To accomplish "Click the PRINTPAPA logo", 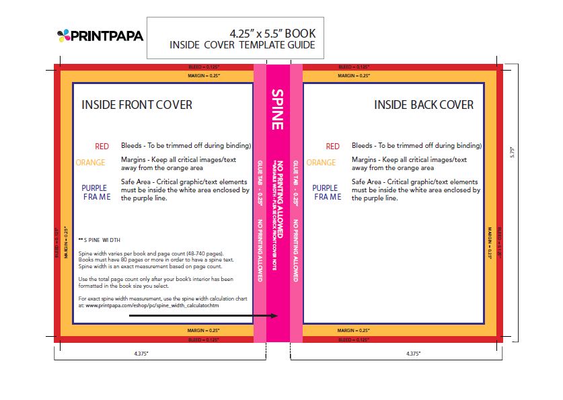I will click(100, 36).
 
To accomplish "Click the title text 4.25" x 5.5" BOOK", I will click(272, 33).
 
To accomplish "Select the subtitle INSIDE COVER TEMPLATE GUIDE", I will click(242, 46).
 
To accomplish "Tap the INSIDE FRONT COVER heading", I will click(137, 105).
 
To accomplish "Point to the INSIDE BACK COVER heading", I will click(424, 105).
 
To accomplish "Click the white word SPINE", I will click(276, 109).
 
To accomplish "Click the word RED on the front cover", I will click(102, 146).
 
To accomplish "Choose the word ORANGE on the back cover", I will click(321, 163).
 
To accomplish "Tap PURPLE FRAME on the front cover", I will click(94, 192).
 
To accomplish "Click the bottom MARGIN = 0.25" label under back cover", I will click(353, 331).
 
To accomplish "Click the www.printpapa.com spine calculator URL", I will click(152, 306).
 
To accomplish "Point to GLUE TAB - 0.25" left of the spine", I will click(259, 182).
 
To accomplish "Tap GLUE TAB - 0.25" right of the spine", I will click(296, 182).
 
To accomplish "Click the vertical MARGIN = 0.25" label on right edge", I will click(490, 242).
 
